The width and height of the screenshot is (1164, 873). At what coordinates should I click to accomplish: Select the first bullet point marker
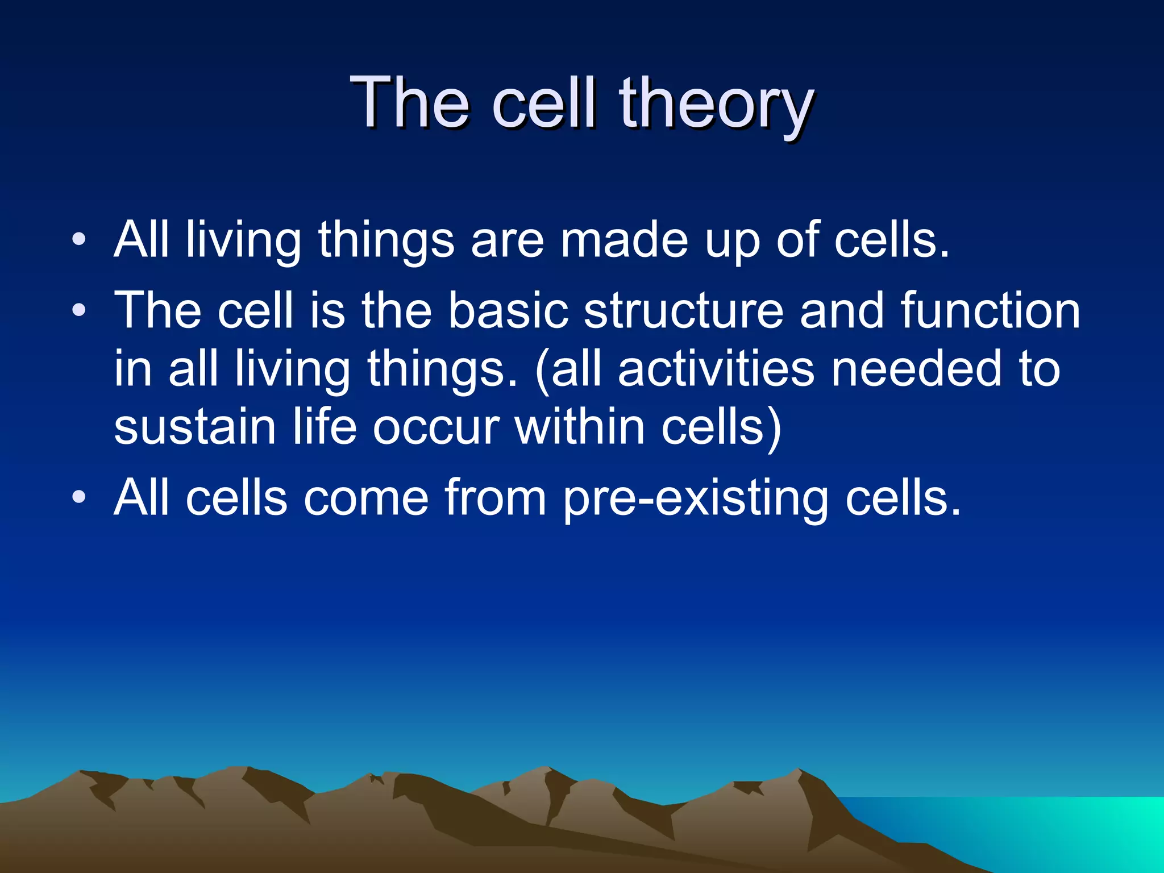coord(79,239)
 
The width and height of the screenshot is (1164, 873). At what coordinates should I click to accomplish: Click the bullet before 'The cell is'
coord(79,310)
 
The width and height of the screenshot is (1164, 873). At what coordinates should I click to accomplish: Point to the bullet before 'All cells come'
coord(79,497)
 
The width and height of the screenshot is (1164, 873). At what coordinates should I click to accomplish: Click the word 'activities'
coord(716,369)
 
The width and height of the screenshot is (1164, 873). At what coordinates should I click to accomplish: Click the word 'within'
coord(580,427)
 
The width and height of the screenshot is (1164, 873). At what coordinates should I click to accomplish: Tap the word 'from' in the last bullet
coord(494,497)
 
